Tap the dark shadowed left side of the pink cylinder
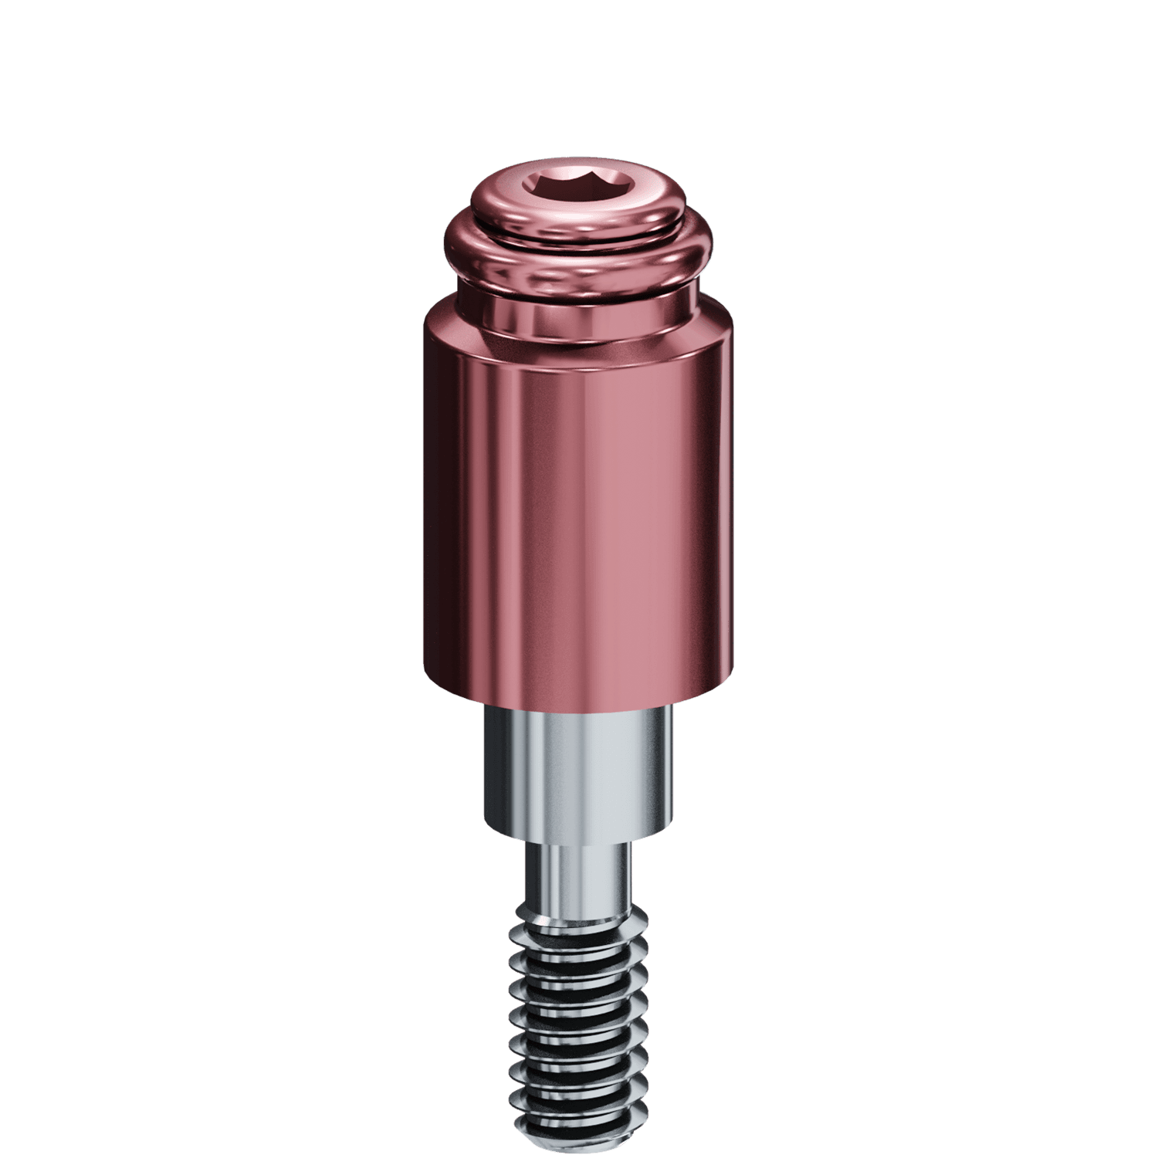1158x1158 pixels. tap(448, 502)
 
